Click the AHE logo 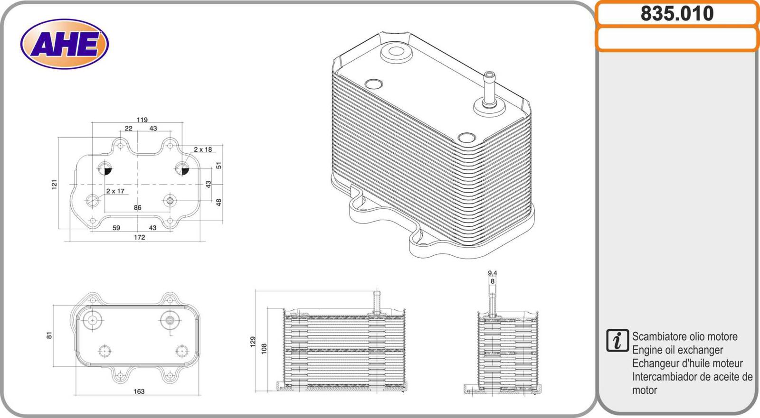coord(65,44)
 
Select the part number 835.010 coord(677,14)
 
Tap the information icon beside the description coord(617,341)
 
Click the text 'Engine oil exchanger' coord(677,350)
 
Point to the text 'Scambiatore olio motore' coord(684,337)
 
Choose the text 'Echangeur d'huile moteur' coord(687,363)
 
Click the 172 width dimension coord(139,237)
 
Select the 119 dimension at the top coord(142,120)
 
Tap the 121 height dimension coord(54,185)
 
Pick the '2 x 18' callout coord(203,149)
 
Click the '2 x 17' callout coord(115,191)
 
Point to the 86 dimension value coord(137,208)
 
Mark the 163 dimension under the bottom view coord(139,391)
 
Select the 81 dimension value coord(49,335)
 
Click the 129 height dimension coord(253,342)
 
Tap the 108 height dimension coord(264,349)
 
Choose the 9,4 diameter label coord(492,273)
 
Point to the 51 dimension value coord(218,166)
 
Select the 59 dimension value coord(116,228)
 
